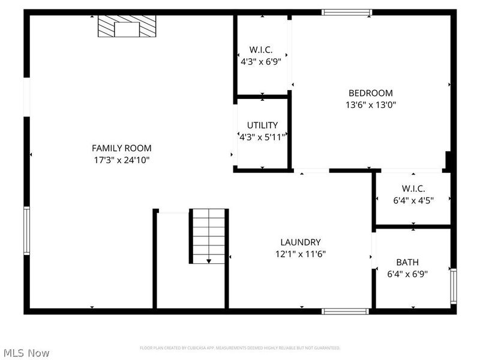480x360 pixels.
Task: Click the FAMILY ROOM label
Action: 121,148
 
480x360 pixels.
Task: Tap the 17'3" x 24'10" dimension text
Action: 121,160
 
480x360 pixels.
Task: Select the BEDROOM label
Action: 371,93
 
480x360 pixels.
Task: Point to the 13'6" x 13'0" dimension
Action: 371,104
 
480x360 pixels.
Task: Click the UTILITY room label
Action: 262,125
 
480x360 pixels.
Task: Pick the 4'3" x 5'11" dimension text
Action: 262,136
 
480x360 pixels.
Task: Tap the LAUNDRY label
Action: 300,242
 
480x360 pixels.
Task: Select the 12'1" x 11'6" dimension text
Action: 300,253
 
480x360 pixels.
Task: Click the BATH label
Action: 407,262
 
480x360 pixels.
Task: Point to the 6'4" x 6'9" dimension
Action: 407,274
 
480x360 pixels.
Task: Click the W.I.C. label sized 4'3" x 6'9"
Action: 262,50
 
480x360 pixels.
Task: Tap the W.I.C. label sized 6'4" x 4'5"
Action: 413,188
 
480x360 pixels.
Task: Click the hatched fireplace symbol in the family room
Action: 127,27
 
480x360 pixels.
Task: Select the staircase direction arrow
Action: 208,260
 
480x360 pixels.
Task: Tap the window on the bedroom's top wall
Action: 347,12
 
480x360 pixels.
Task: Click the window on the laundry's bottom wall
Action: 345,311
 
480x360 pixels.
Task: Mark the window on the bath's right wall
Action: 453,286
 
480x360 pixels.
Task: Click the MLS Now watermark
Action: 26,353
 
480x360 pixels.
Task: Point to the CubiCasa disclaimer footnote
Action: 240,348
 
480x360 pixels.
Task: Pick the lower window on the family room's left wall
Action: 26,230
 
